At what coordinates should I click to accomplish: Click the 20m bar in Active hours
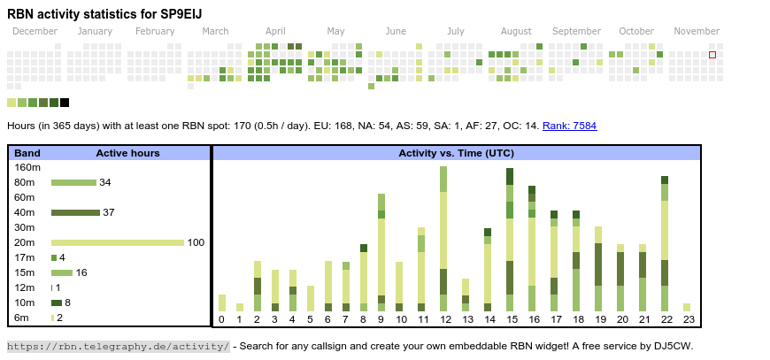coord(118,242)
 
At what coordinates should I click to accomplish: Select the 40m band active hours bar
coord(75,212)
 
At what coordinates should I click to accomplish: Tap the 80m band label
coord(25,182)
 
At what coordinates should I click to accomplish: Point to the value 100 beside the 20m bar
coord(196,242)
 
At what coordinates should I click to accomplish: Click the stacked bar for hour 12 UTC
coord(443,239)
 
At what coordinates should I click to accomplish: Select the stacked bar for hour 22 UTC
coord(664,243)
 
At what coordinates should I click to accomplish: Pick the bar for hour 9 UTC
coord(381,252)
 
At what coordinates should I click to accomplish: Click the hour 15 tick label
coord(511,319)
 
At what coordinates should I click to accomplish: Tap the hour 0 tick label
coord(221,319)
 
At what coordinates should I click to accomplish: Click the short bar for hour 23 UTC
coord(686,308)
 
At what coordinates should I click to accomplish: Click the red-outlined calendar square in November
coord(712,55)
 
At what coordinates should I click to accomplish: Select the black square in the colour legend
coord(65,103)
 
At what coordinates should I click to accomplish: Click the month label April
coord(275,31)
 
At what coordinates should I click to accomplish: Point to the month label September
coord(576,31)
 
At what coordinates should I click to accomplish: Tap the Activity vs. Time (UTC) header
coord(456,153)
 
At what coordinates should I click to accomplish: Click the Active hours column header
coord(127,153)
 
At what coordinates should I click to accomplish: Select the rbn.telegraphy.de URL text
coord(118,346)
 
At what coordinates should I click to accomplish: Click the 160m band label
coord(28,167)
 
